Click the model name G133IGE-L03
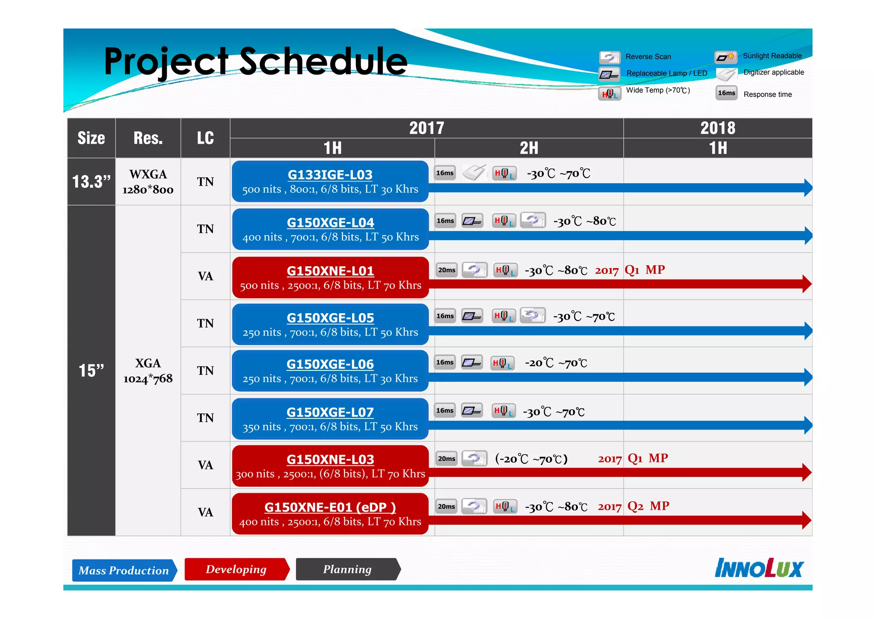tap(330, 175)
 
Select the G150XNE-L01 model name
tap(330, 271)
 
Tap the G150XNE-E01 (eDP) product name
tap(330, 507)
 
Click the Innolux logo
tap(759, 568)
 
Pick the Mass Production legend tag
tap(124, 570)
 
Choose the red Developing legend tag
tap(236, 569)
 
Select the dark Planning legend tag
tap(347, 569)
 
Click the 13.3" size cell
tap(91, 182)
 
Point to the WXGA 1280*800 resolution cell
tap(148, 182)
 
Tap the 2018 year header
tap(717, 128)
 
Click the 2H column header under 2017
tap(529, 148)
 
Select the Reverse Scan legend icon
tap(610, 57)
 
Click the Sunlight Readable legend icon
tap(726, 56)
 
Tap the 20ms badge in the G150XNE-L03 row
tap(446, 459)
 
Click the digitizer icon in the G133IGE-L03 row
tap(474, 172)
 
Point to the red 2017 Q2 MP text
tap(633, 506)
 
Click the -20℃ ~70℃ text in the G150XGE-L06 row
tap(556, 363)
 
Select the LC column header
tap(205, 138)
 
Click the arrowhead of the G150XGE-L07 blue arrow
tap(808, 425)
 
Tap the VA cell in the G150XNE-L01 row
tap(205, 276)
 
